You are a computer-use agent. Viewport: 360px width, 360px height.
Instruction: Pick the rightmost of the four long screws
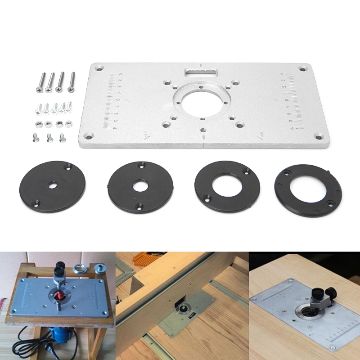71,82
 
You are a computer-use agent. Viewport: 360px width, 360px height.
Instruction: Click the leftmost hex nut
38,123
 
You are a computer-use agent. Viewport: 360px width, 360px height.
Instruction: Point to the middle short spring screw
49,137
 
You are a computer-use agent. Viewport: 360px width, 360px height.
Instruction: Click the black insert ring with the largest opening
308,191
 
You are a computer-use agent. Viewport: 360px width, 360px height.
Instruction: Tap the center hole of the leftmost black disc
53,185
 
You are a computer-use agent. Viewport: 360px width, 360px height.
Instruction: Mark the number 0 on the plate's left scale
117,100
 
